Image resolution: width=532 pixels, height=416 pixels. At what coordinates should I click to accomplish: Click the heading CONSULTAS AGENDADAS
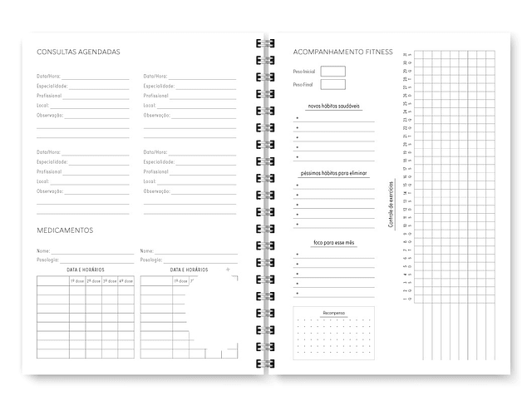(x=78, y=52)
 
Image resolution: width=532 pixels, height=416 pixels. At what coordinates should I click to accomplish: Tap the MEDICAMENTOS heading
(x=65, y=230)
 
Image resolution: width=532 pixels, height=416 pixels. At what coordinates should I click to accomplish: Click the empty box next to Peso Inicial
(x=332, y=72)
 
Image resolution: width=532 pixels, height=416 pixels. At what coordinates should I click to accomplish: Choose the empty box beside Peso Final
(x=332, y=85)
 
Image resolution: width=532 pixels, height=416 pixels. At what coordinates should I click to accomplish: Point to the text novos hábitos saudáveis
(x=333, y=106)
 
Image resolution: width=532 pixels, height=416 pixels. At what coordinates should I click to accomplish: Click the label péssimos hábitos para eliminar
(x=333, y=173)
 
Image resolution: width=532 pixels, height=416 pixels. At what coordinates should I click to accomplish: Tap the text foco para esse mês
(x=333, y=242)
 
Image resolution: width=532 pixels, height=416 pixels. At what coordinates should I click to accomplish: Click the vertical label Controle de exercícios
(x=390, y=205)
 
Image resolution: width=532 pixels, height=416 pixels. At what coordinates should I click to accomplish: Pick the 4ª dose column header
(x=126, y=281)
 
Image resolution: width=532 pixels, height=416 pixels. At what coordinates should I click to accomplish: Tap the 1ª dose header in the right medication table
(x=180, y=281)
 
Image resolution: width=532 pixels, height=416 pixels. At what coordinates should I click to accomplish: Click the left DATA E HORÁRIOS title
(x=85, y=270)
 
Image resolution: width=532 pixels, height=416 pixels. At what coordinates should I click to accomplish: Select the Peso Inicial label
(x=304, y=72)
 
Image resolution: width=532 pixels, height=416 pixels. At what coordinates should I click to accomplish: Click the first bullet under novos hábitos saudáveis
(x=297, y=117)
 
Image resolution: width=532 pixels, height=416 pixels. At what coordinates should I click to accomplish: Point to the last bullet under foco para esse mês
(x=297, y=293)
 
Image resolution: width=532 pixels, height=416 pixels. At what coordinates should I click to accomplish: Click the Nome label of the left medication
(x=43, y=250)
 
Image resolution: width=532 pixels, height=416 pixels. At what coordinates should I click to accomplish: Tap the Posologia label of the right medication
(x=151, y=260)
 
